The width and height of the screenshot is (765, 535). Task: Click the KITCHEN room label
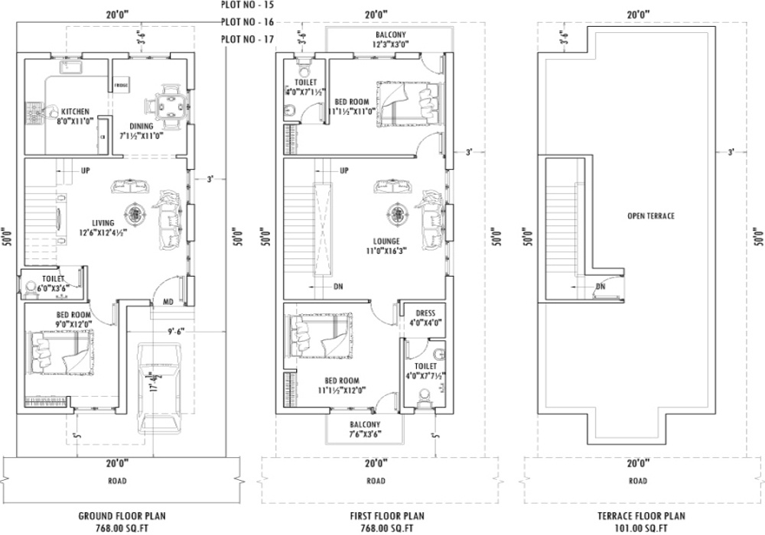(x=75, y=112)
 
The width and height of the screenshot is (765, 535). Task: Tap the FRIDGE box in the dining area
(x=121, y=86)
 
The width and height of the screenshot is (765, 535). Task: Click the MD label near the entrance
(x=168, y=303)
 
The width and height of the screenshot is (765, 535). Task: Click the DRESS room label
(x=425, y=313)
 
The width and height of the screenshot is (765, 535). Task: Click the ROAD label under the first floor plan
(x=376, y=481)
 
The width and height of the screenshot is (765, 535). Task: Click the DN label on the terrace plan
(x=601, y=287)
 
